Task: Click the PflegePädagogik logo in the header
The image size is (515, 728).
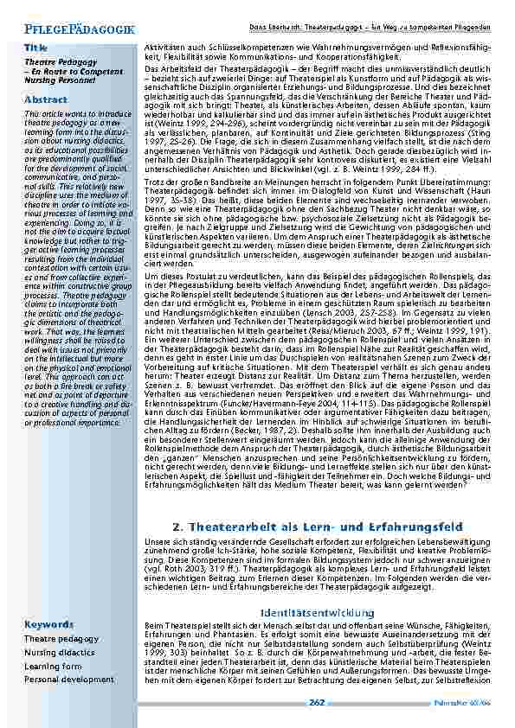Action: (x=73, y=29)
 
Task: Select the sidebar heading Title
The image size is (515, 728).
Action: (x=35, y=46)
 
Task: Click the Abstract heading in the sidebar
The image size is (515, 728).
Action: (x=46, y=100)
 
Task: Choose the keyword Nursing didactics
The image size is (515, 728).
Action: (x=60, y=652)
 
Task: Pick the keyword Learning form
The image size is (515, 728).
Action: (x=53, y=666)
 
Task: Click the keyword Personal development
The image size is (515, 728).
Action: (x=68, y=680)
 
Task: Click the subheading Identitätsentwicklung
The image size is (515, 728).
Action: (x=317, y=612)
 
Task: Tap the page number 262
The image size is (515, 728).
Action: (x=317, y=702)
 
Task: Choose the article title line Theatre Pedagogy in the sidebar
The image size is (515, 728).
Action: (x=48, y=63)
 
